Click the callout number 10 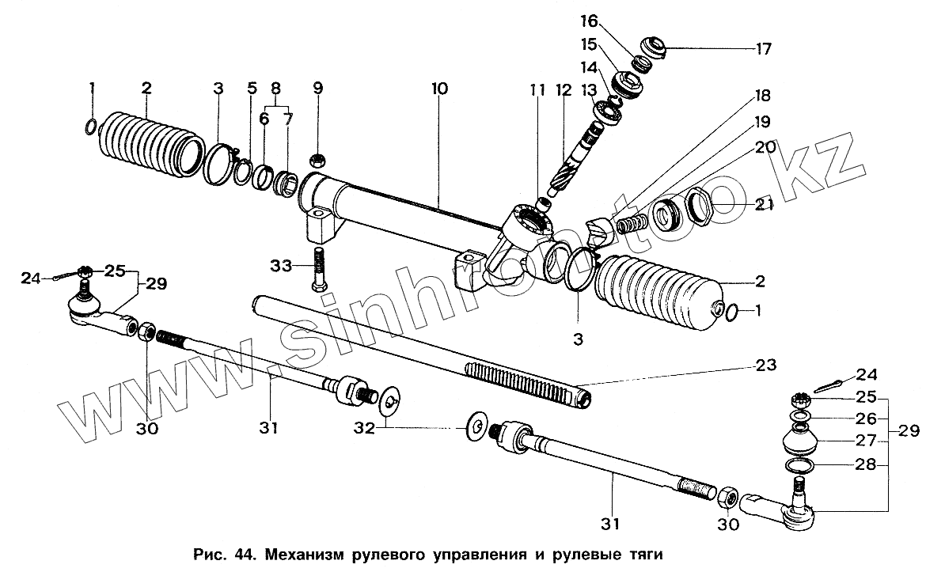click(439, 89)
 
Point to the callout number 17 click(763, 48)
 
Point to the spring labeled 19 click(631, 223)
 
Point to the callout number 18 click(763, 97)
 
